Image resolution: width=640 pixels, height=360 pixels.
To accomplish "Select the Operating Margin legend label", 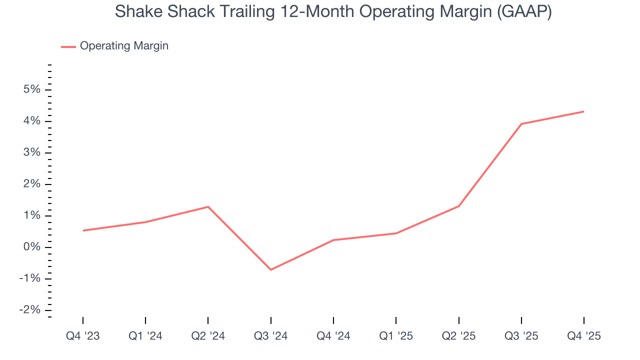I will pos(124,46).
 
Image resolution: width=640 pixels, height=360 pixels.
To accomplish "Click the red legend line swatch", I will pos(68,46).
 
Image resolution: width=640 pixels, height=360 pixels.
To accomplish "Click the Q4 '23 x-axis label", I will pos(83,336).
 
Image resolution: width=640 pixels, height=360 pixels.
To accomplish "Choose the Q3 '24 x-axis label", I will pos(270,336).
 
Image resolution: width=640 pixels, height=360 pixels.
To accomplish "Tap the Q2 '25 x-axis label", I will pos(458,336).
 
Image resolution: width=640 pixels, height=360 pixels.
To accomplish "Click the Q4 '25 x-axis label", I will pos(584,336).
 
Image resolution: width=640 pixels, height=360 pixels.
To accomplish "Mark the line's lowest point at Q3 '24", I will pos(270,270).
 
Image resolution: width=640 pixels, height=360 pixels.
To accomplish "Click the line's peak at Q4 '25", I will pos(584,111).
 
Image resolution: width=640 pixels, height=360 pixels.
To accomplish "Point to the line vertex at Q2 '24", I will pos(208,206).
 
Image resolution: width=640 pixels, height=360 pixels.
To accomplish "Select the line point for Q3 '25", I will pos(521,124).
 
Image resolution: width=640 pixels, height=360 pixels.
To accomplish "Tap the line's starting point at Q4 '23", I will pos(83,230).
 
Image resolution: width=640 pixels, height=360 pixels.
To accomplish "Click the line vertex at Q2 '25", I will pos(458,206).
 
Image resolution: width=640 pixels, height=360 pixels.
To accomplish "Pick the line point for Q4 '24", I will pos(333,240).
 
